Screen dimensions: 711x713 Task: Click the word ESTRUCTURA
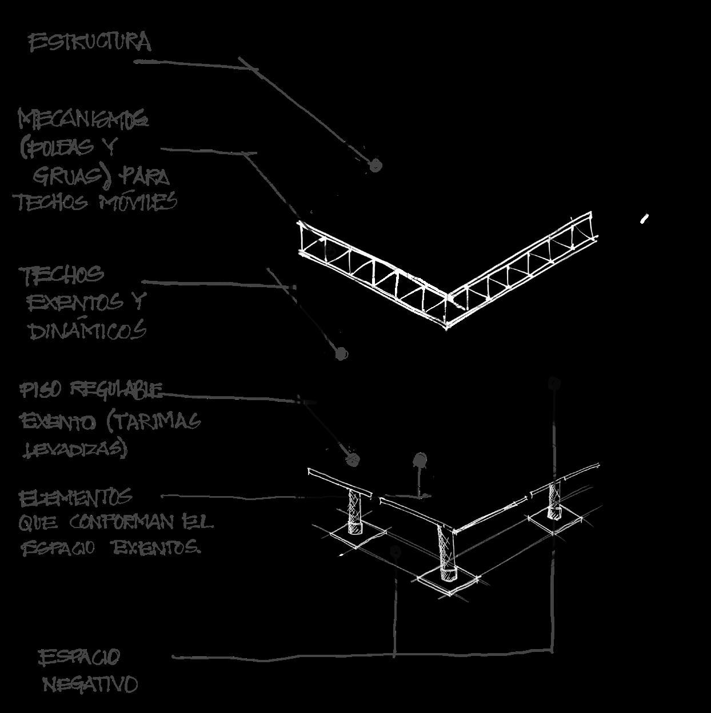pyautogui.click(x=90, y=43)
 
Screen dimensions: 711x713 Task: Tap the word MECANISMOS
pyautogui.click(x=83, y=120)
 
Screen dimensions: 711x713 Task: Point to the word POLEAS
pyautogui.click(x=58, y=148)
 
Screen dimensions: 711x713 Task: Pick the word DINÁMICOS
pyautogui.click(x=87, y=331)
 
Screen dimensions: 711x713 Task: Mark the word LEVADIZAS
pyautogui.click(x=74, y=449)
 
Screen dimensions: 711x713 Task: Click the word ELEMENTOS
pyautogui.click(x=75, y=498)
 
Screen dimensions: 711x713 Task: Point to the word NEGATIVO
pyautogui.click(x=90, y=683)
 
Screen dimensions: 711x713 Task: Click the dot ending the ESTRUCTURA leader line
pyautogui.click(x=375, y=166)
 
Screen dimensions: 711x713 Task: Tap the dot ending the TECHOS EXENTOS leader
pyautogui.click(x=341, y=354)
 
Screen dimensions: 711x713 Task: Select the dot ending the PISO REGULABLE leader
pyautogui.click(x=352, y=459)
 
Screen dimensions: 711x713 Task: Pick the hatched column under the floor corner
pyautogui.click(x=445, y=551)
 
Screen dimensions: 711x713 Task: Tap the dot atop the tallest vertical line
pyautogui.click(x=553, y=382)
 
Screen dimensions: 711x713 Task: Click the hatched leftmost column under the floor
pyautogui.click(x=355, y=510)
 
